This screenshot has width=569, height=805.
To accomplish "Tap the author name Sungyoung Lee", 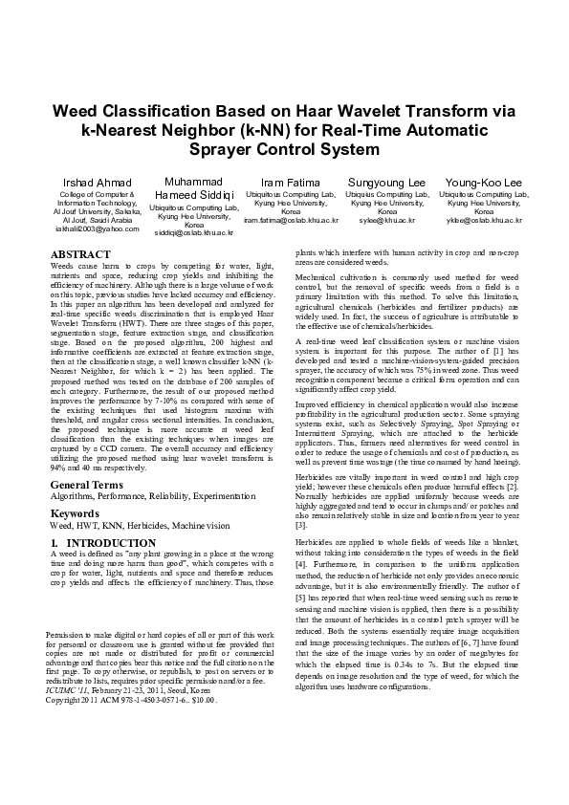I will (386, 183).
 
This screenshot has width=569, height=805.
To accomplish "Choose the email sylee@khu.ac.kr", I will (386, 220).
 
